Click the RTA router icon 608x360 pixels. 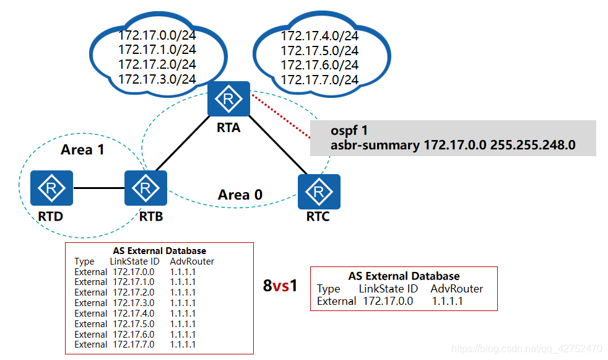tap(228, 99)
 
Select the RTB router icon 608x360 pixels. tap(145, 188)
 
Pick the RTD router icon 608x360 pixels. tap(52, 188)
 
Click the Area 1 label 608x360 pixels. tap(82, 150)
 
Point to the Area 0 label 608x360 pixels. tap(240, 195)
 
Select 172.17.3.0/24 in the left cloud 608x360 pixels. tap(157, 79)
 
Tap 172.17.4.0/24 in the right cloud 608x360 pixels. tap(319, 35)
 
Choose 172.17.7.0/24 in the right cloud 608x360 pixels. tap(319, 80)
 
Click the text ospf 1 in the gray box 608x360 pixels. tap(349, 131)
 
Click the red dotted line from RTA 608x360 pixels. tap(280, 117)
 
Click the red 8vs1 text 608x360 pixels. tap(280, 286)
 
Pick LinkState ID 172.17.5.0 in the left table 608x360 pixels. tap(133, 323)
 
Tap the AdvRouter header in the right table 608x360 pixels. tap(457, 289)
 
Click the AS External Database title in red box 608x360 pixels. tap(404, 276)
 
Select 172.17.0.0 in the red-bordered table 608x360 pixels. tap(388, 301)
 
